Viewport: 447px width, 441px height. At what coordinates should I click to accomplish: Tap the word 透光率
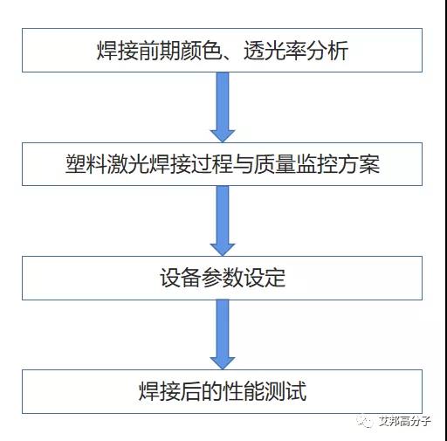(x=275, y=51)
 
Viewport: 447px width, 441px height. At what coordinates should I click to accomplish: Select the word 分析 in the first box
(x=327, y=51)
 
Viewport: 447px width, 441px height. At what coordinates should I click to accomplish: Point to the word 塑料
(x=86, y=164)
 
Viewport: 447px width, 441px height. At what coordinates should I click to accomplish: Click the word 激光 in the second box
(x=128, y=164)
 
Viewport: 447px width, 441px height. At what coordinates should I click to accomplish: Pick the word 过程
(x=212, y=164)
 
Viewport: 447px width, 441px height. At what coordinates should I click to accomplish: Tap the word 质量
(x=275, y=164)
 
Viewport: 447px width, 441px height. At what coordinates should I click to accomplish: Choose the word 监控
(x=317, y=164)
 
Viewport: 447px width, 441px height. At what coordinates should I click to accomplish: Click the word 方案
(x=359, y=164)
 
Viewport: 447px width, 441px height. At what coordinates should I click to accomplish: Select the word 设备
(x=181, y=278)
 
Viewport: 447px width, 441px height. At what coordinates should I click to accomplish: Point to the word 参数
(x=223, y=278)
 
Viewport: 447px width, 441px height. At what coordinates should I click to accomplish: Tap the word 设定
(x=265, y=278)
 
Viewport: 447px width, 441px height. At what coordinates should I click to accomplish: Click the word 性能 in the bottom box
(x=244, y=391)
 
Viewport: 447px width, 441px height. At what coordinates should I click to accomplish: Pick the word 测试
(x=285, y=391)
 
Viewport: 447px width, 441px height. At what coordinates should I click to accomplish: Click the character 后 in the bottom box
(x=191, y=391)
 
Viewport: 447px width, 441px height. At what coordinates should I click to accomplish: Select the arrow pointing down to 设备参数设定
(x=223, y=221)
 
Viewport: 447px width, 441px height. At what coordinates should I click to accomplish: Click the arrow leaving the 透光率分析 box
(x=223, y=107)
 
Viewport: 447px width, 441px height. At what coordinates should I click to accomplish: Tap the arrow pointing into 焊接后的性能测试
(x=223, y=334)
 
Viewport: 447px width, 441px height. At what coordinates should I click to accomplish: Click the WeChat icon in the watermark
(x=365, y=421)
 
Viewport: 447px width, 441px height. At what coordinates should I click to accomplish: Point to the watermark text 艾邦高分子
(x=404, y=421)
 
